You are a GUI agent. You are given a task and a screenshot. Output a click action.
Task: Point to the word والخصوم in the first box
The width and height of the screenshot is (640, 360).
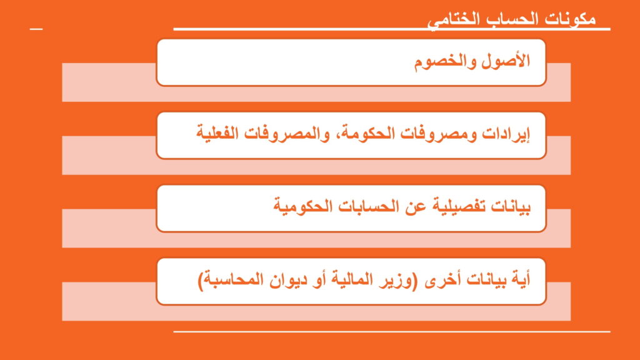coord(445,62)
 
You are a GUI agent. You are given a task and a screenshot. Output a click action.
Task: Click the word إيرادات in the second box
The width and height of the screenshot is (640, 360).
coord(506,134)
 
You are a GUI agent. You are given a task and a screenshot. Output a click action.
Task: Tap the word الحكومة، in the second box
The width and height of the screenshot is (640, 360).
coord(367,134)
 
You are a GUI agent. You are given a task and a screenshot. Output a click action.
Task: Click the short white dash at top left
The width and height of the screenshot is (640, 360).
coord(36,29)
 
